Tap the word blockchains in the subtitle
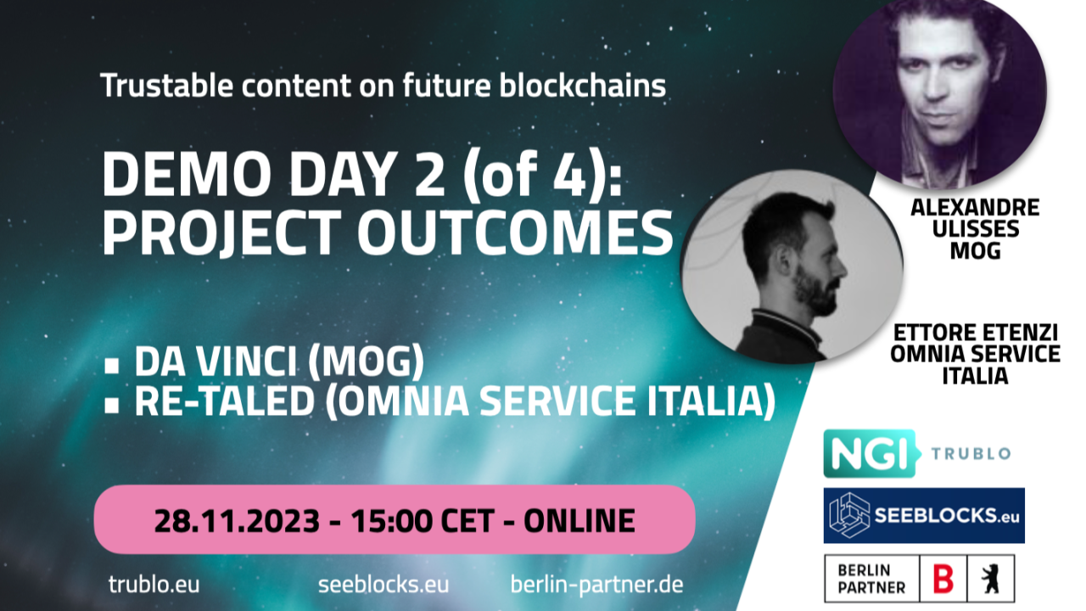pyautogui.click(x=582, y=86)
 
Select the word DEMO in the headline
pyautogui.click(x=187, y=174)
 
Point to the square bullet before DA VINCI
pyautogui.click(x=112, y=365)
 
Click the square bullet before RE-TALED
pyautogui.click(x=112, y=406)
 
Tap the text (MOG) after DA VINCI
pyautogui.click(x=366, y=362)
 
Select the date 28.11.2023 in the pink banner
pyautogui.click(x=237, y=521)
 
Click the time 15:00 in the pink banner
pyautogui.click(x=391, y=521)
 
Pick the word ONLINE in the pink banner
pyautogui.click(x=579, y=521)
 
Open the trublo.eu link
pyautogui.click(x=154, y=585)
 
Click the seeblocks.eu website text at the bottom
pyautogui.click(x=383, y=585)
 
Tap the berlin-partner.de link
pyautogui.click(x=596, y=585)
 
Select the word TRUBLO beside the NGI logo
pyautogui.click(x=971, y=454)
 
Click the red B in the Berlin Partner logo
pyautogui.click(x=943, y=579)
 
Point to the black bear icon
pyautogui.click(x=990, y=579)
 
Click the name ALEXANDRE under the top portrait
pyautogui.click(x=975, y=208)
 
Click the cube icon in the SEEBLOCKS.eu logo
pyautogui.click(x=849, y=515)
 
